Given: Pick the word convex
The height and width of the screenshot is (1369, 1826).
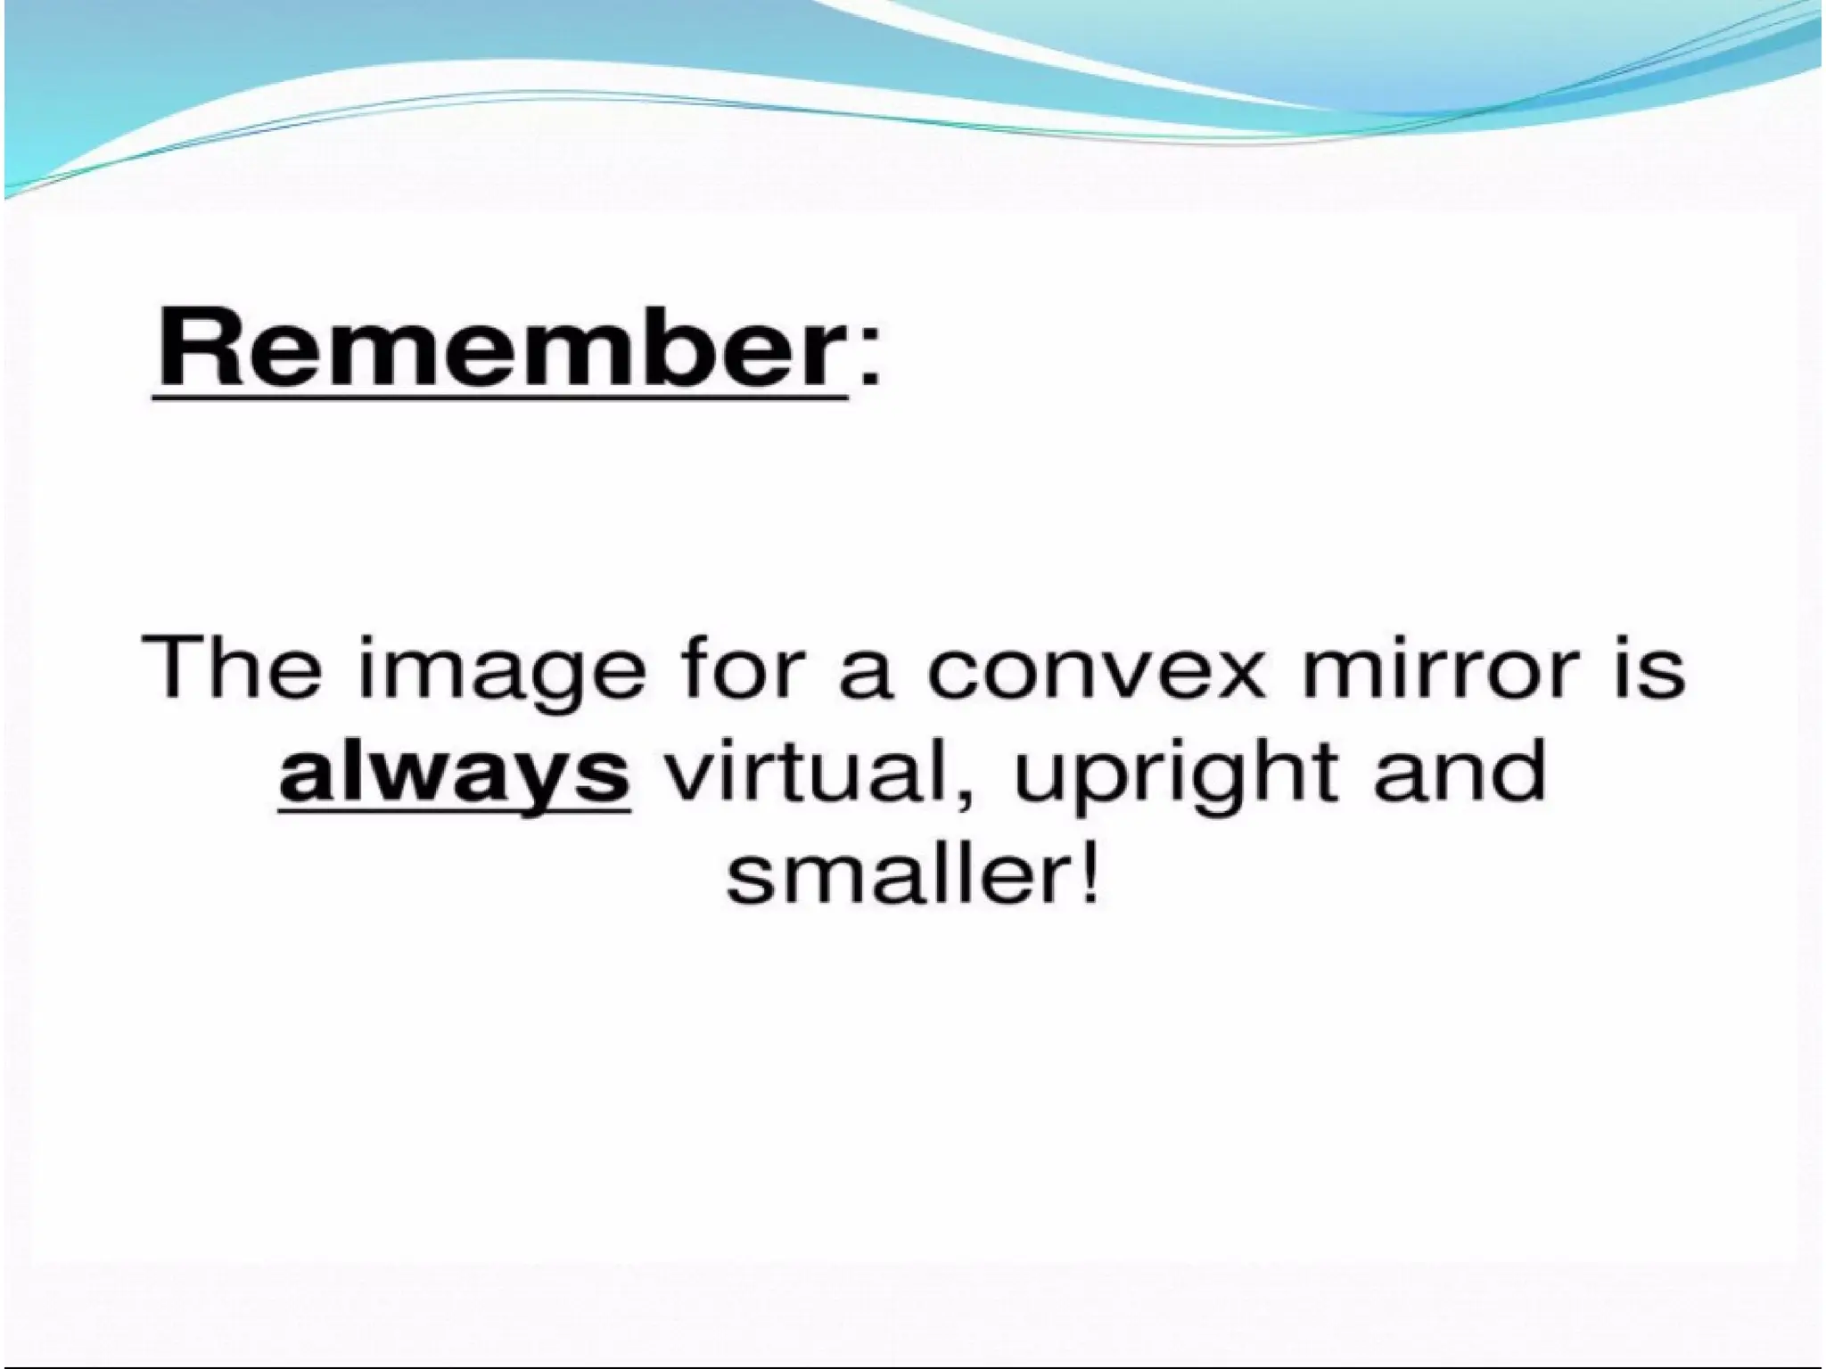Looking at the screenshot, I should coord(1096,674).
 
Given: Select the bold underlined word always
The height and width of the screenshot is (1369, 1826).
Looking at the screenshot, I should coord(454,772).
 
